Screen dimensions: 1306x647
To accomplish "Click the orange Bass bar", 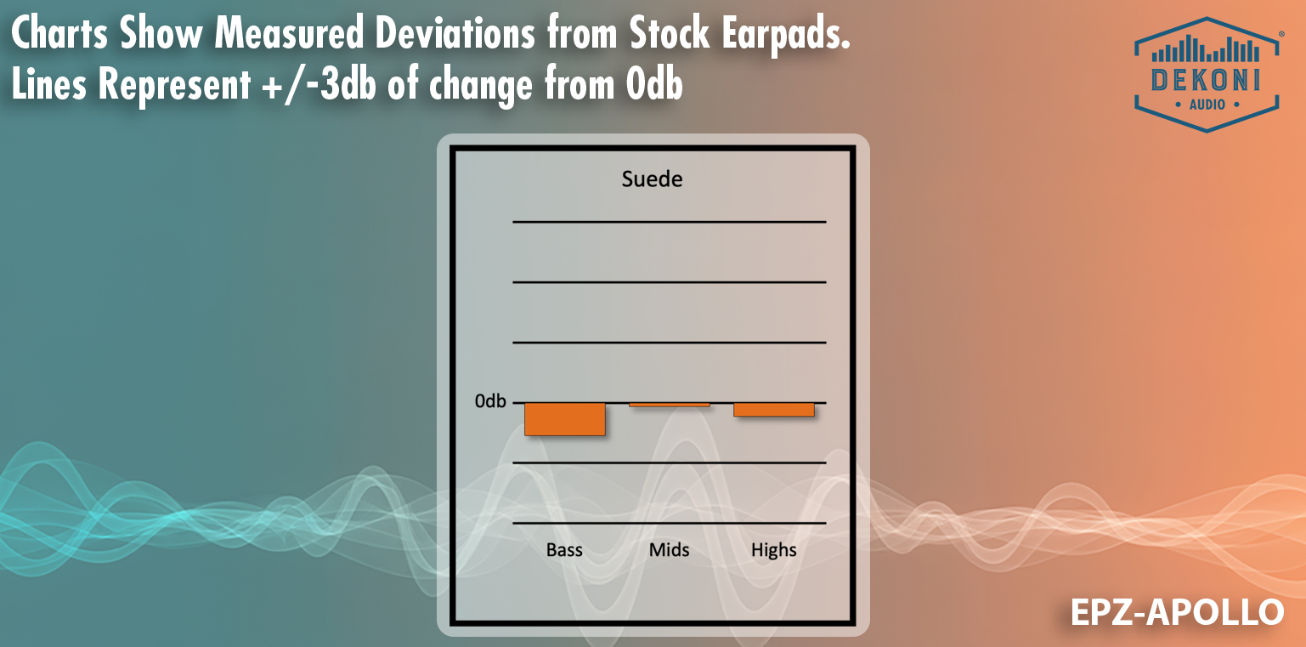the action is pyautogui.click(x=564, y=419).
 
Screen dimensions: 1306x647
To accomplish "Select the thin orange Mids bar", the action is pyautogui.click(x=670, y=405).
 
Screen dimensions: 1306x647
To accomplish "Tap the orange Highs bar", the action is pyautogui.click(x=774, y=410).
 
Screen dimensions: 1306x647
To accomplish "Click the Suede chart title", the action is pyautogui.click(x=652, y=179).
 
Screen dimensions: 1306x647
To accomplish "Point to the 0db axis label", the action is pyautogui.click(x=489, y=401).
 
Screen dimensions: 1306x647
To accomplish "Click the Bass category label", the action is pyautogui.click(x=564, y=549).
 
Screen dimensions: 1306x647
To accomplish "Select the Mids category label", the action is pyautogui.click(x=670, y=549).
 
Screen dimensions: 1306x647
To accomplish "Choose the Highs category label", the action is pyautogui.click(x=774, y=550).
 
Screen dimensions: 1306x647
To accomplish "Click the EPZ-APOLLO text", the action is pyautogui.click(x=1177, y=612).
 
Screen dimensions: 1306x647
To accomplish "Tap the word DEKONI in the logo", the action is pyautogui.click(x=1206, y=81).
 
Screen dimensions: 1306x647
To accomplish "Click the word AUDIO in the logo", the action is pyautogui.click(x=1207, y=105).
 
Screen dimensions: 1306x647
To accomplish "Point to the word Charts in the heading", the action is pyautogui.click(x=59, y=32).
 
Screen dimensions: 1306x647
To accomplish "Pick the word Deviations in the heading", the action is pyautogui.click(x=455, y=32).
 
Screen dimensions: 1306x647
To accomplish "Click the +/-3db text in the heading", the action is pyautogui.click(x=319, y=85).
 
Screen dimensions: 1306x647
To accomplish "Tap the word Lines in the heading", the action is pyautogui.click(x=49, y=84).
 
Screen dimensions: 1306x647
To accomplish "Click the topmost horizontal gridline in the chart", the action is pyautogui.click(x=670, y=222).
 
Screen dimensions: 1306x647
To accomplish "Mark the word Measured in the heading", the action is pyautogui.click(x=289, y=32).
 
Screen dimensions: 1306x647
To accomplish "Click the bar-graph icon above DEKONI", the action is pyautogui.click(x=1206, y=49).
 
